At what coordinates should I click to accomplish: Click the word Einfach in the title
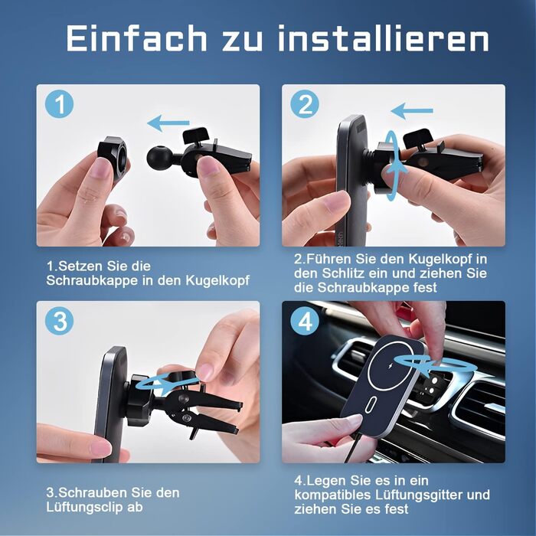point(137,38)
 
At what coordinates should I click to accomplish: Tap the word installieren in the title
point(384,38)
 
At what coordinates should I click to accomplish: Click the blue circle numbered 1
point(60,104)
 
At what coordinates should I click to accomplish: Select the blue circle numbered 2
point(305,104)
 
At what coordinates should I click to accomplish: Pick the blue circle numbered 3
point(60,321)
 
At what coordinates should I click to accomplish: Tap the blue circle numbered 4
point(305,321)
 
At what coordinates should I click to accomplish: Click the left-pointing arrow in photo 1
point(168,123)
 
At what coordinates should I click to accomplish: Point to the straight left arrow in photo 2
point(412,110)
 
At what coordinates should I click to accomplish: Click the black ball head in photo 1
point(159,158)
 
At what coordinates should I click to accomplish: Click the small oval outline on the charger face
point(371,404)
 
